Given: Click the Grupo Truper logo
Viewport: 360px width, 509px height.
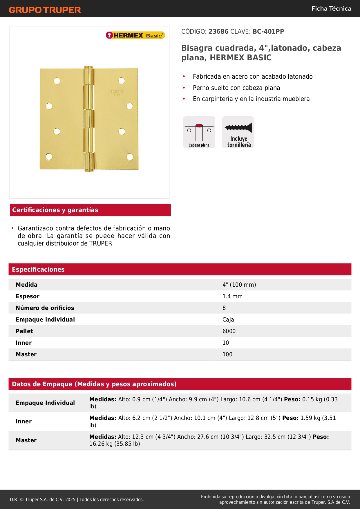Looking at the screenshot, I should [x=45, y=10].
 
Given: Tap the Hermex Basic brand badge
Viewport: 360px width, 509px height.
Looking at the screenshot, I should [x=135, y=35].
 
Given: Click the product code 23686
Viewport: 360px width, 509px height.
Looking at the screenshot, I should [x=218, y=31].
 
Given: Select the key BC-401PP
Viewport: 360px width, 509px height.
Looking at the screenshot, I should [x=268, y=31].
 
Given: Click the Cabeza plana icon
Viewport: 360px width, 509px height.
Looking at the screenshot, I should [x=199, y=132].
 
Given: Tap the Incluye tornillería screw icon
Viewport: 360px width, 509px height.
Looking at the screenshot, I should [x=238, y=132].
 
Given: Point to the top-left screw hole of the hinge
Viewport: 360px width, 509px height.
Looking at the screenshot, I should [x=57, y=81].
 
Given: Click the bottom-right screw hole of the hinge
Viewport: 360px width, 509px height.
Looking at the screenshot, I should [x=130, y=157].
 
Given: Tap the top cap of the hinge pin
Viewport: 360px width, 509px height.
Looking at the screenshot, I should [x=89, y=67].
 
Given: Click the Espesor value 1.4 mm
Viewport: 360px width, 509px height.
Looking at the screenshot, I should [x=232, y=296].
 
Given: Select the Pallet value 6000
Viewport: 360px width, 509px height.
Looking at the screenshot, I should [x=229, y=331].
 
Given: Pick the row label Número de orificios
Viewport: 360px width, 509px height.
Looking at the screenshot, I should [x=45, y=308].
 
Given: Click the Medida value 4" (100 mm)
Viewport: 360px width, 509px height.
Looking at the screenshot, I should [x=239, y=285].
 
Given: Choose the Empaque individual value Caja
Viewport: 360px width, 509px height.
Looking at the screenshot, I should [x=228, y=320].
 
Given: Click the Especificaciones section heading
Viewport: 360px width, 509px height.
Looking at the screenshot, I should [x=38, y=269].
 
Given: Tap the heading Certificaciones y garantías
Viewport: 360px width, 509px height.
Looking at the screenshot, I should [x=55, y=210].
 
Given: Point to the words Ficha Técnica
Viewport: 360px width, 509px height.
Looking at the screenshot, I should [x=331, y=8].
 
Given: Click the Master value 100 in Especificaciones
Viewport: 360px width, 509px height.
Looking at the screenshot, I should [x=227, y=354].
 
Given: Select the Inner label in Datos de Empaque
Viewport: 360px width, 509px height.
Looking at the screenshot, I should [x=23, y=421].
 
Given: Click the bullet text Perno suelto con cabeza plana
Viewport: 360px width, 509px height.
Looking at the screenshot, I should [x=236, y=88].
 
